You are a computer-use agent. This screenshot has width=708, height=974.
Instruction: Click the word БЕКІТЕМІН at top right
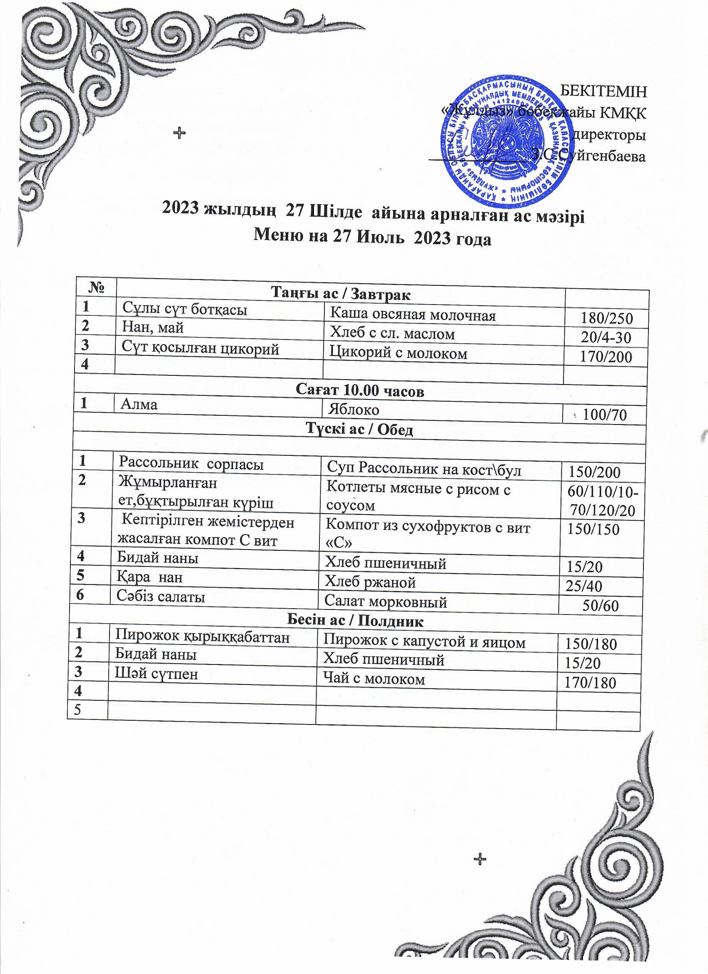(603, 92)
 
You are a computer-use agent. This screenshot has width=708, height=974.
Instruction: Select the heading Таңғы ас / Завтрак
(341, 294)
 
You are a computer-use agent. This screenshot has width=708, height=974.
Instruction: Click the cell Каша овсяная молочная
(413, 315)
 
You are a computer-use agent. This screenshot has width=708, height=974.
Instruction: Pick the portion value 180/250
(607, 318)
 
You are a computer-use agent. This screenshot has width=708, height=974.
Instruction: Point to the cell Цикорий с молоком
(398, 353)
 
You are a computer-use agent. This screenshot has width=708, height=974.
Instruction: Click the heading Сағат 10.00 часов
(360, 391)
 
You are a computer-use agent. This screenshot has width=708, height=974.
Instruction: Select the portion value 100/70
(605, 415)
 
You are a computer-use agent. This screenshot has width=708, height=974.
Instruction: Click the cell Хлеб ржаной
(370, 582)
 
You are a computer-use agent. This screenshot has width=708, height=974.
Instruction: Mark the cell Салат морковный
(386, 602)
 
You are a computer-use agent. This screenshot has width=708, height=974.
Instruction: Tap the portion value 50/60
(600, 606)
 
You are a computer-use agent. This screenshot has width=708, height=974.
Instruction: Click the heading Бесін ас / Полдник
(355, 621)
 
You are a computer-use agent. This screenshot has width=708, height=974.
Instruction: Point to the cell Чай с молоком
(374, 679)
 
